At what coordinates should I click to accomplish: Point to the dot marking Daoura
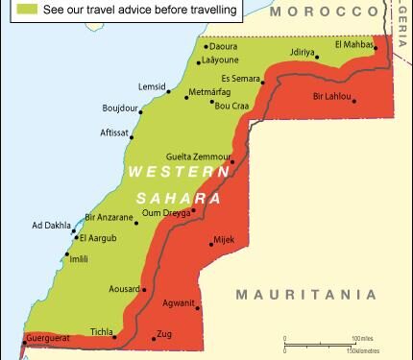pos(206,45)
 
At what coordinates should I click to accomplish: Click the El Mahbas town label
pos(352,45)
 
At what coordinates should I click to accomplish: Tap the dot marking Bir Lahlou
pos(353,100)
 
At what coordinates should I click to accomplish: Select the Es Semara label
pos(241,78)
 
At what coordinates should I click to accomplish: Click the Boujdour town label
pos(122,110)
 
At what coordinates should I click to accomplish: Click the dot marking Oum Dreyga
pos(193,211)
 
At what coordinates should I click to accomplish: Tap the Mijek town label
pos(224,238)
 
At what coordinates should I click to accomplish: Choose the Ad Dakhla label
pos(51,226)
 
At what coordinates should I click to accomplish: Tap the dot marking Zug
pos(154,338)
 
